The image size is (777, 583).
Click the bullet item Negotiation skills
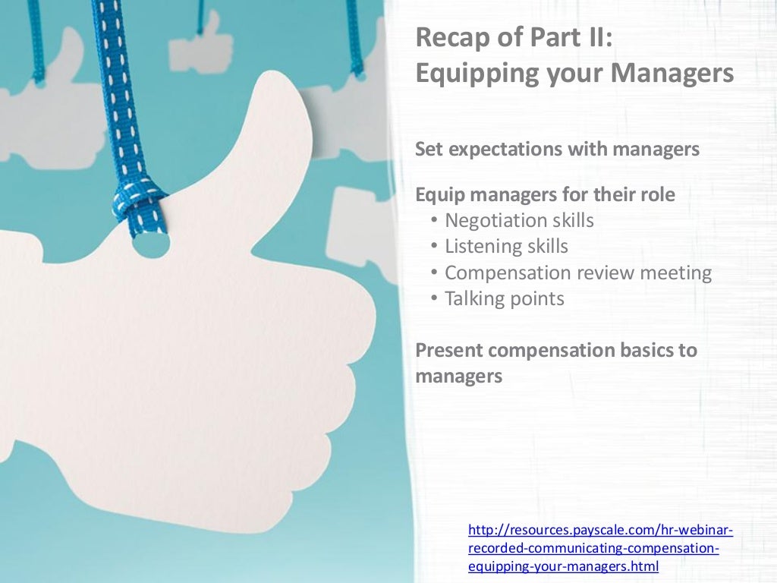click(519, 221)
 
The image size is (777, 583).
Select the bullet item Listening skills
click(506, 247)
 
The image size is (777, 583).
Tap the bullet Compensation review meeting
click(578, 273)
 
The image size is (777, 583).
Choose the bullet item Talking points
click(505, 298)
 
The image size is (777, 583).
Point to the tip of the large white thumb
click(281, 95)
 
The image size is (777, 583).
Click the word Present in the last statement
click(449, 351)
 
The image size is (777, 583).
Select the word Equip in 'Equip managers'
click(439, 195)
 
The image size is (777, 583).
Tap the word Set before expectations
click(429, 150)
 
